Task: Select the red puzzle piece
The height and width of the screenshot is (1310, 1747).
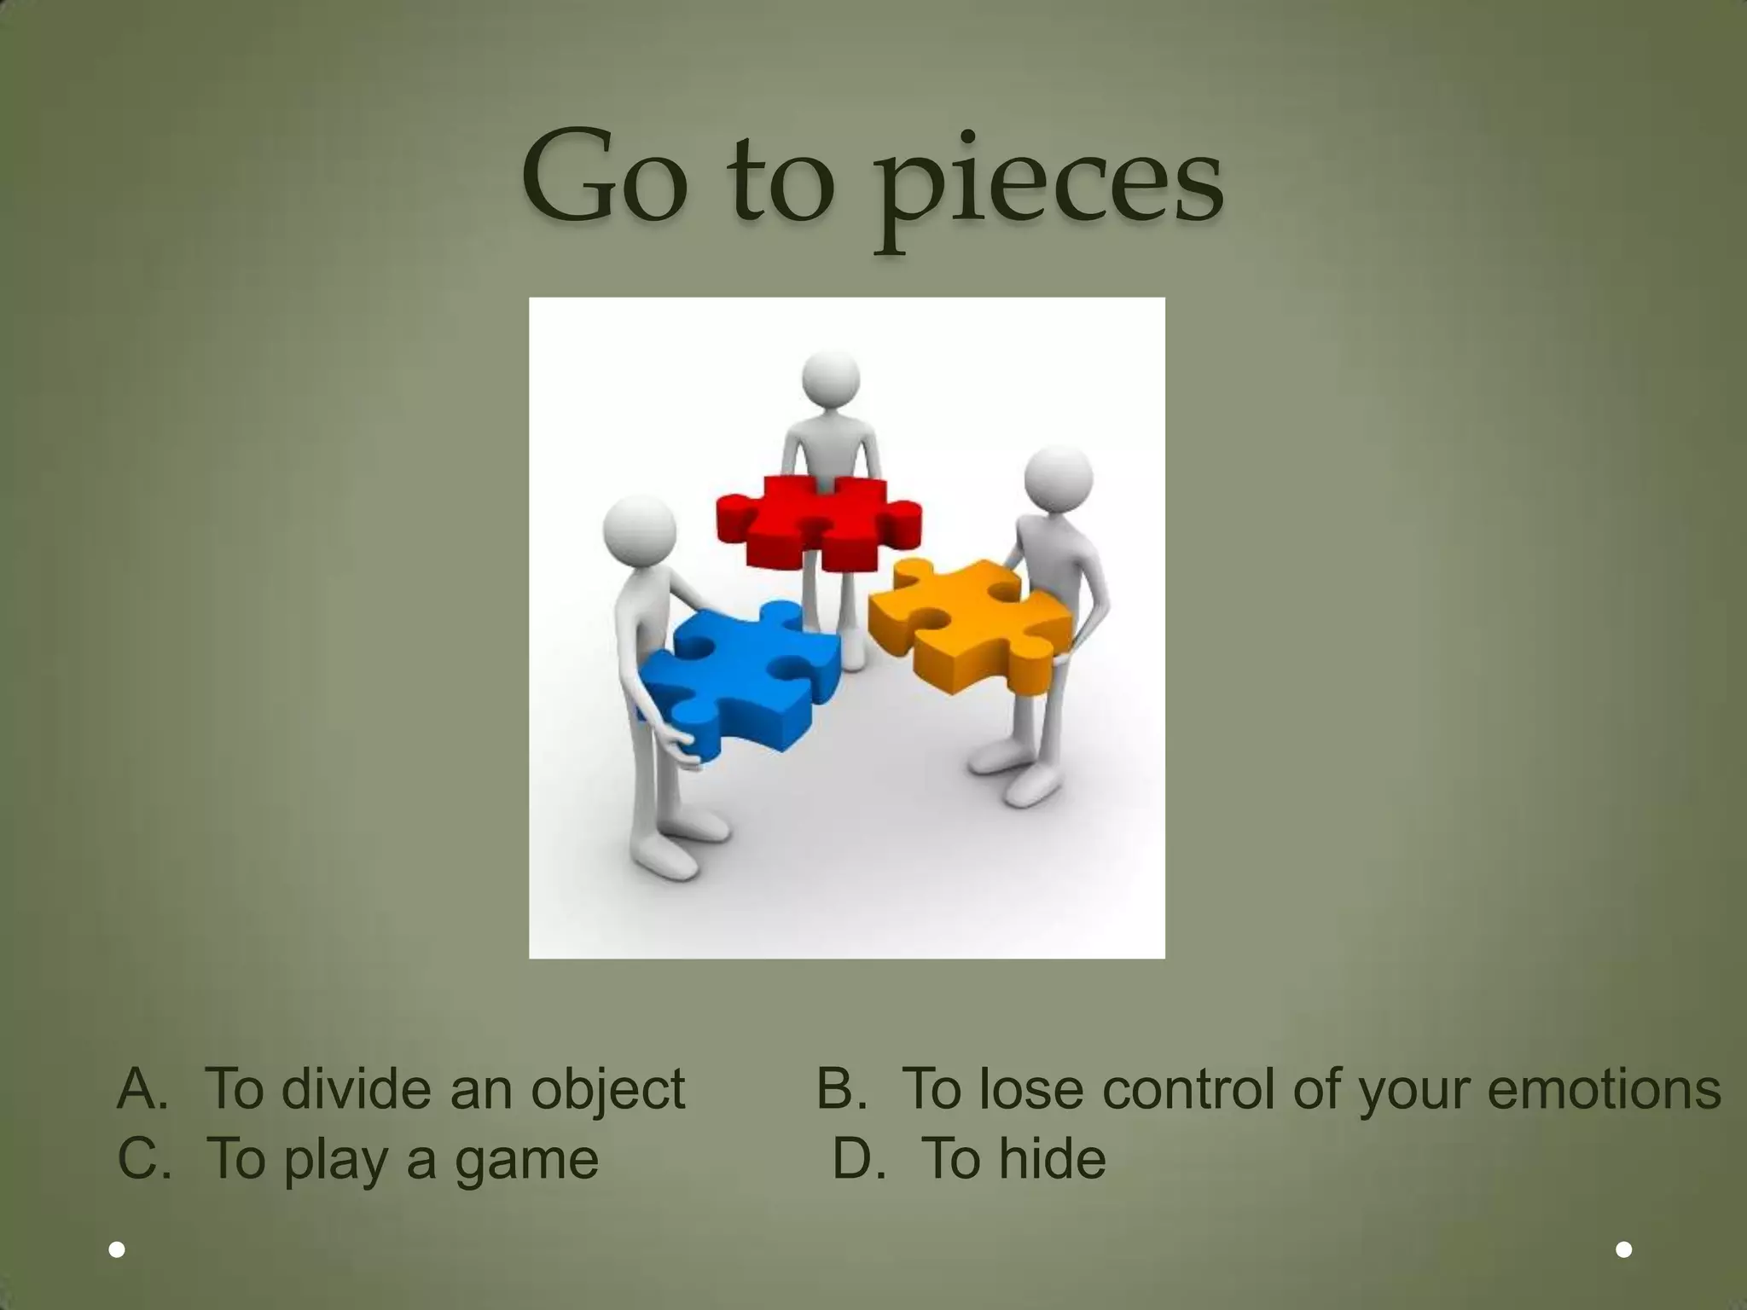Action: click(x=817, y=521)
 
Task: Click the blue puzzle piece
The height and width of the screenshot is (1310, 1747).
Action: click(x=739, y=678)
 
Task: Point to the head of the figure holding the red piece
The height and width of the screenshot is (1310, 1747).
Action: click(x=830, y=380)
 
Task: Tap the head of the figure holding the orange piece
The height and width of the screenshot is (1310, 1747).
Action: click(x=1058, y=479)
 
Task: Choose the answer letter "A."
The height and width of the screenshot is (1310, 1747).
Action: click(x=142, y=1089)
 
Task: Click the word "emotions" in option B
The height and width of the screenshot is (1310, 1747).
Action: click(x=1604, y=1089)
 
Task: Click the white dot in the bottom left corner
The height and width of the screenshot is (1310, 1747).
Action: click(x=118, y=1250)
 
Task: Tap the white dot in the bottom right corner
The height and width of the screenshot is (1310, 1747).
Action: click(x=1624, y=1249)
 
